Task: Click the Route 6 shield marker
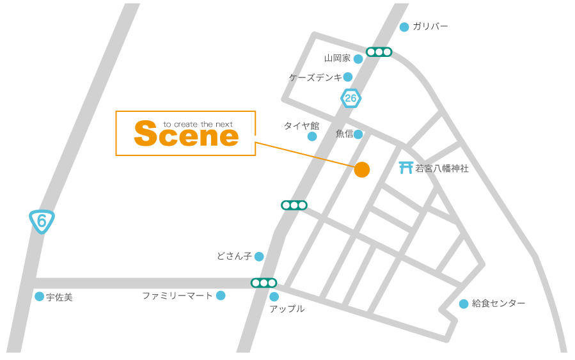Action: click(42, 221)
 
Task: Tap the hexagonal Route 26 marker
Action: click(351, 98)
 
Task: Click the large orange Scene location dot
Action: click(362, 169)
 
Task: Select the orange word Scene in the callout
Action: click(186, 136)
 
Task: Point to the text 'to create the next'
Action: click(198, 124)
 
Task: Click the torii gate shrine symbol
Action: click(406, 168)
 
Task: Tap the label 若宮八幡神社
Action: click(442, 169)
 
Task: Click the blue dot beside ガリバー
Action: click(404, 27)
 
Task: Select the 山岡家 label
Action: click(337, 58)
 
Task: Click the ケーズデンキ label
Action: click(315, 77)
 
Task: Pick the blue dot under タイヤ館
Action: click(312, 136)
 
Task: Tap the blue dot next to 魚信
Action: click(358, 134)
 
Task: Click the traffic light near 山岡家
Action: click(379, 52)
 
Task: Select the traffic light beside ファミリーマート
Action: click(264, 283)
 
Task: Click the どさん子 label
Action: click(234, 256)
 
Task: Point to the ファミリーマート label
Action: click(177, 295)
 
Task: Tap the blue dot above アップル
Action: click(274, 297)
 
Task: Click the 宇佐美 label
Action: click(59, 297)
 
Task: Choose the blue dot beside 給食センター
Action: click(464, 304)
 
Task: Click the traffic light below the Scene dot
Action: click(294, 205)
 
